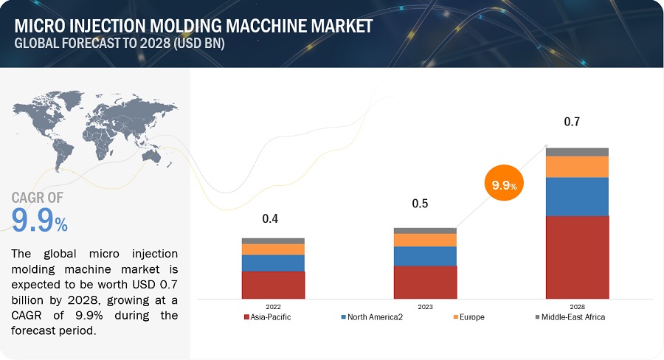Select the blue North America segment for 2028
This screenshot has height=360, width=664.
pyautogui.click(x=577, y=196)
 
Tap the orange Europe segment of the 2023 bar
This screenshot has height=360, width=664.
pyautogui.click(x=425, y=240)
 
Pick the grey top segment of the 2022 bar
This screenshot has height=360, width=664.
pyautogui.click(x=273, y=240)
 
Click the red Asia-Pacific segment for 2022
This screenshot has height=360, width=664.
pyautogui.click(x=273, y=284)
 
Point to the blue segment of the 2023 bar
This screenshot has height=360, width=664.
pyautogui.click(x=425, y=256)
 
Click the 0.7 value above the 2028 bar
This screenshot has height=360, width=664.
pyautogui.click(x=572, y=122)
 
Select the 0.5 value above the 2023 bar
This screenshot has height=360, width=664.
pyautogui.click(x=420, y=204)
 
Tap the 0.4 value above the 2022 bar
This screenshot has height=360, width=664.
pyautogui.click(x=270, y=219)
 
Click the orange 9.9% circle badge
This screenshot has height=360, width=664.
pyautogui.click(x=504, y=184)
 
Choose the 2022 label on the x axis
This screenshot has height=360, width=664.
pyautogui.click(x=273, y=306)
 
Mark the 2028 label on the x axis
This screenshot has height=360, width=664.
pyautogui.click(x=577, y=306)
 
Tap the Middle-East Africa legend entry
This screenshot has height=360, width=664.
pyautogui.click(x=573, y=317)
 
